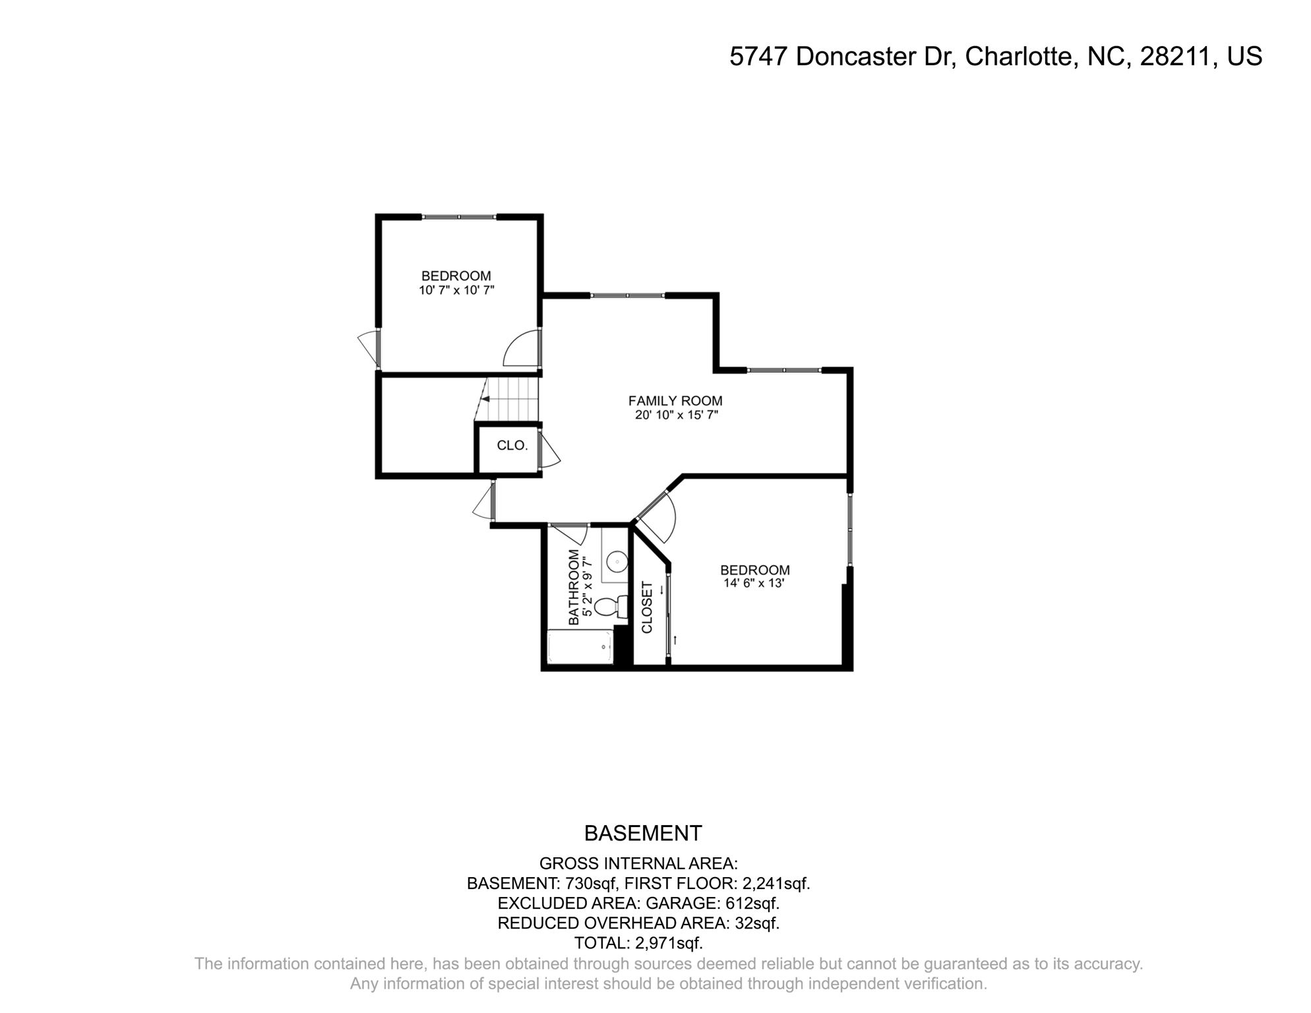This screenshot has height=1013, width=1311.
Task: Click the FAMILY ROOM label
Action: click(675, 400)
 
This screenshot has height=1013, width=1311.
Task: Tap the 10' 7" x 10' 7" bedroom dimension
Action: click(456, 290)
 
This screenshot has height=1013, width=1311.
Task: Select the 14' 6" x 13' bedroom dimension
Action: click(754, 584)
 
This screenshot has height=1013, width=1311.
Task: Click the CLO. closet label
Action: click(512, 446)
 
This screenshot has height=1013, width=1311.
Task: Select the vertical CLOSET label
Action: click(647, 607)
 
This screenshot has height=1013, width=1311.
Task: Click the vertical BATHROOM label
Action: click(574, 588)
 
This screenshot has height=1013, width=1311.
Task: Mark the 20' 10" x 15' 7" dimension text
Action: click(675, 415)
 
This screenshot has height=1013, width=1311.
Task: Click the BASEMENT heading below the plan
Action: click(643, 834)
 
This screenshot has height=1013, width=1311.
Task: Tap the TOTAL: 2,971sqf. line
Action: click(638, 943)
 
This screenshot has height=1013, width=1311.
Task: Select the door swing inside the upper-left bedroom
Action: click(522, 350)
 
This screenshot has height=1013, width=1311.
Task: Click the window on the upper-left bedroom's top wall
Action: click(459, 217)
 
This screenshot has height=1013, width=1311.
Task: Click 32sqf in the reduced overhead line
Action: click(757, 923)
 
